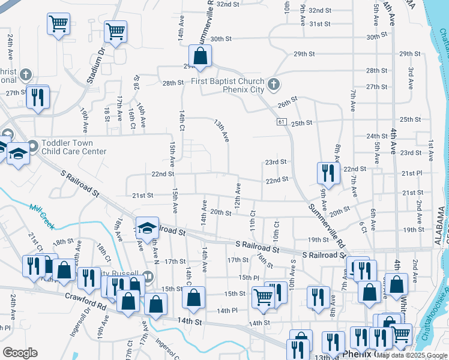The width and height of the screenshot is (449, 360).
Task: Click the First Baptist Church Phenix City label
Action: click(228, 86)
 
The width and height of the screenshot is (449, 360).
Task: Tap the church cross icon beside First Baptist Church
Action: click(273, 83)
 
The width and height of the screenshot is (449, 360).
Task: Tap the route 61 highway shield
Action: click(281, 122)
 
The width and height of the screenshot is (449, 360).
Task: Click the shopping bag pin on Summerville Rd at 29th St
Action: click(201, 57)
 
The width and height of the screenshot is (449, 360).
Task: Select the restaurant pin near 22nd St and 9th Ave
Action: click(328, 173)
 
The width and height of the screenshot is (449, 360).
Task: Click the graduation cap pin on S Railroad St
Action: click(147, 229)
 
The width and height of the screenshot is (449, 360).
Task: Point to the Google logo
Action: click(20, 352)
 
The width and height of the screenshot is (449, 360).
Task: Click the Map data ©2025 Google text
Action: click(411, 355)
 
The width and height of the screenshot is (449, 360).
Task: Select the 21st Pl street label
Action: click(412, 173)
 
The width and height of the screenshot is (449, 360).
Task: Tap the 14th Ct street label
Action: click(181, 119)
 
